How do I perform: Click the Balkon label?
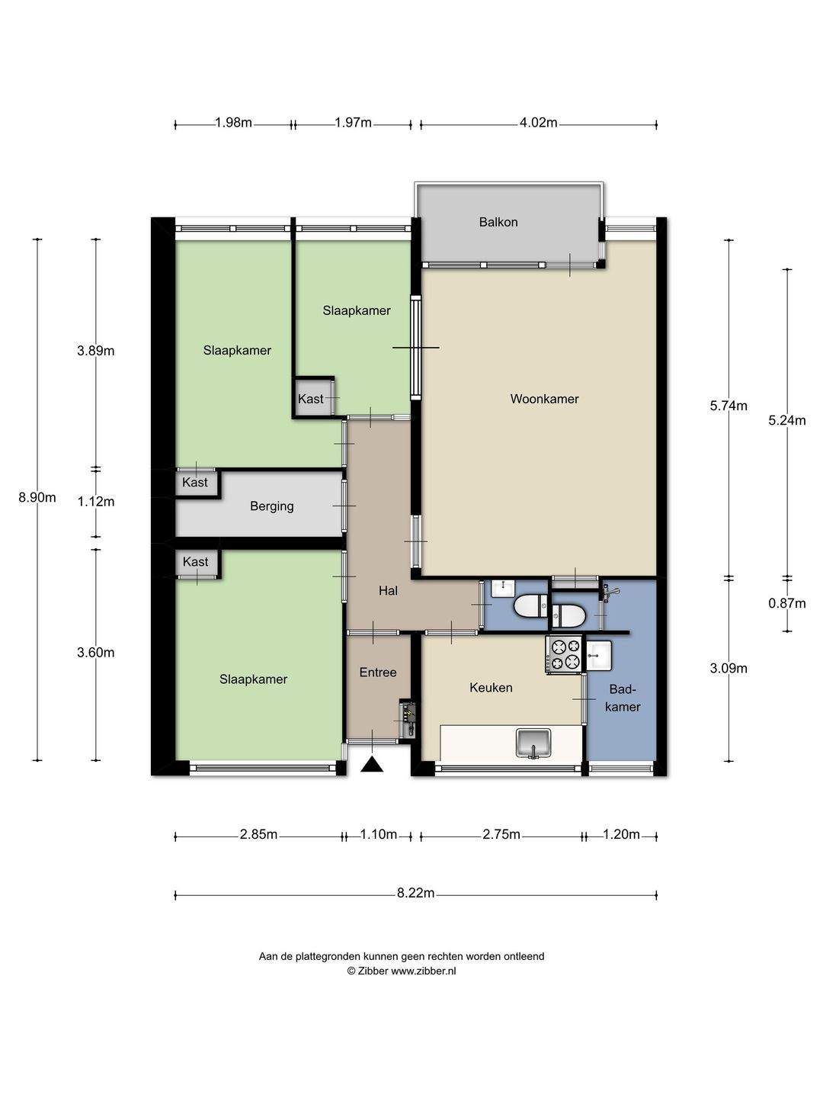pyautogui.click(x=498, y=222)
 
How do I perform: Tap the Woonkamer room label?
pyautogui.click(x=544, y=400)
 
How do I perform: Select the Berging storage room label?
pyautogui.click(x=272, y=507)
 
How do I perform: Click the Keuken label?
pyautogui.click(x=491, y=688)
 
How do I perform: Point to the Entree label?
pyautogui.click(x=378, y=673)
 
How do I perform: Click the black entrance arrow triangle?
pyautogui.click(x=372, y=765)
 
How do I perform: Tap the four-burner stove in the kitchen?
pyautogui.click(x=565, y=655)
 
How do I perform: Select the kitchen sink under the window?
pyautogui.click(x=533, y=743)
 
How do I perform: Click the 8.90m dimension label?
pyautogui.click(x=37, y=498)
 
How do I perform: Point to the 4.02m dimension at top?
pyautogui.click(x=538, y=123)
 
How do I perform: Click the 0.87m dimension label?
pyautogui.click(x=787, y=604)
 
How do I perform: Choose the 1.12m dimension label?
pyautogui.click(x=96, y=502)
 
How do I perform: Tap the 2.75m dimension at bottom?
pyautogui.click(x=501, y=834)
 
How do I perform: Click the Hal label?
pyautogui.click(x=388, y=591)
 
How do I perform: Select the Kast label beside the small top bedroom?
pyautogui.click(x=310, y=400)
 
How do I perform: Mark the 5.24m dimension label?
pyautogui.click(x=787, y=421)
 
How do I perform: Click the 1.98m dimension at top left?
pyautogui.click(x=233, y=123)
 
